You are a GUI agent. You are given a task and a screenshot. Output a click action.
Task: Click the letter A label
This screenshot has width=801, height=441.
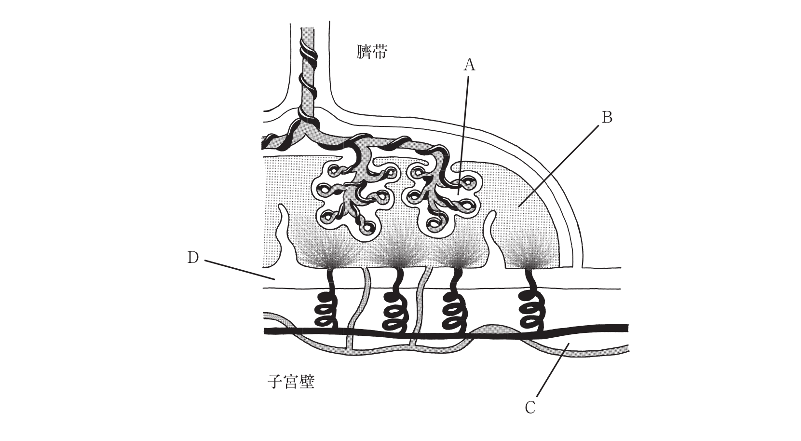coord(469,65)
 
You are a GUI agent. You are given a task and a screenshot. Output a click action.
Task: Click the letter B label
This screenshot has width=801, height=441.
coord(607,117)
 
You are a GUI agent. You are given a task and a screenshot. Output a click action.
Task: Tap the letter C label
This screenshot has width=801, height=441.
coord(530,408)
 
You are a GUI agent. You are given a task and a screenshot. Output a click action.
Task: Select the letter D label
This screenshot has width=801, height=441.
coord(193,258)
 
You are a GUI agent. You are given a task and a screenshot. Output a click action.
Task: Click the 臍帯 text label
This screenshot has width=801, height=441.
coord(372,52)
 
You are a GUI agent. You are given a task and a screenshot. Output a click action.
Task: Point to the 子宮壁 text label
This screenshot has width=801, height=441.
coord(291,382)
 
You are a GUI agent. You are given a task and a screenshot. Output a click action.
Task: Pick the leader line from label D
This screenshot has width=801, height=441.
coord(240,270)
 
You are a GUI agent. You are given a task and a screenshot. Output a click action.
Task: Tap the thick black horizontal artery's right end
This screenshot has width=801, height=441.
coord(627,328)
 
